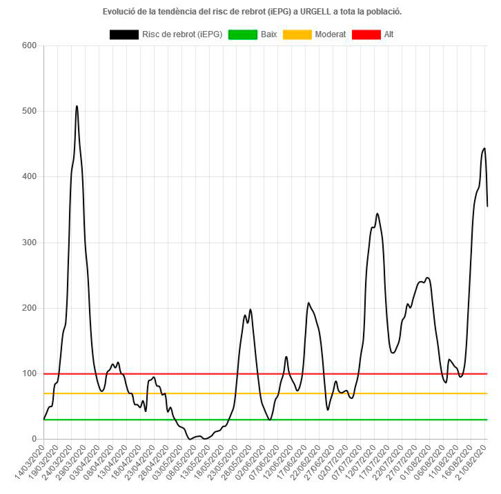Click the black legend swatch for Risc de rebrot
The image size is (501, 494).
click(x=124, y=34)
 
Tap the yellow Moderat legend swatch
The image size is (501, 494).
click(x=296, y=34)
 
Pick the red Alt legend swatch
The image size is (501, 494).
click(x=366, y=34)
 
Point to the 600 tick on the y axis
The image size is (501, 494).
click(x=29, y=46)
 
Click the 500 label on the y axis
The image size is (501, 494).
click(x=29, y=112)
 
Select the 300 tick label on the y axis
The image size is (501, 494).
click(x=29, y=243)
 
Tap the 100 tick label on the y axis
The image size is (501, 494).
click(x=29, y=373)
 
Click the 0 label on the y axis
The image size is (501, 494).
click(x=33, y=439)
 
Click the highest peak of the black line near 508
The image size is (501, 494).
click(x=77, y=106)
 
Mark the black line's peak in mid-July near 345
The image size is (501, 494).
click(x=377, y=214)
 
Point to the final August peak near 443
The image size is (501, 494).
click(x=484, y=148)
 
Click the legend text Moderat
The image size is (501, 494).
click(x=330, y=34)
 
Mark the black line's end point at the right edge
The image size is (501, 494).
click(x=488, y=206)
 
